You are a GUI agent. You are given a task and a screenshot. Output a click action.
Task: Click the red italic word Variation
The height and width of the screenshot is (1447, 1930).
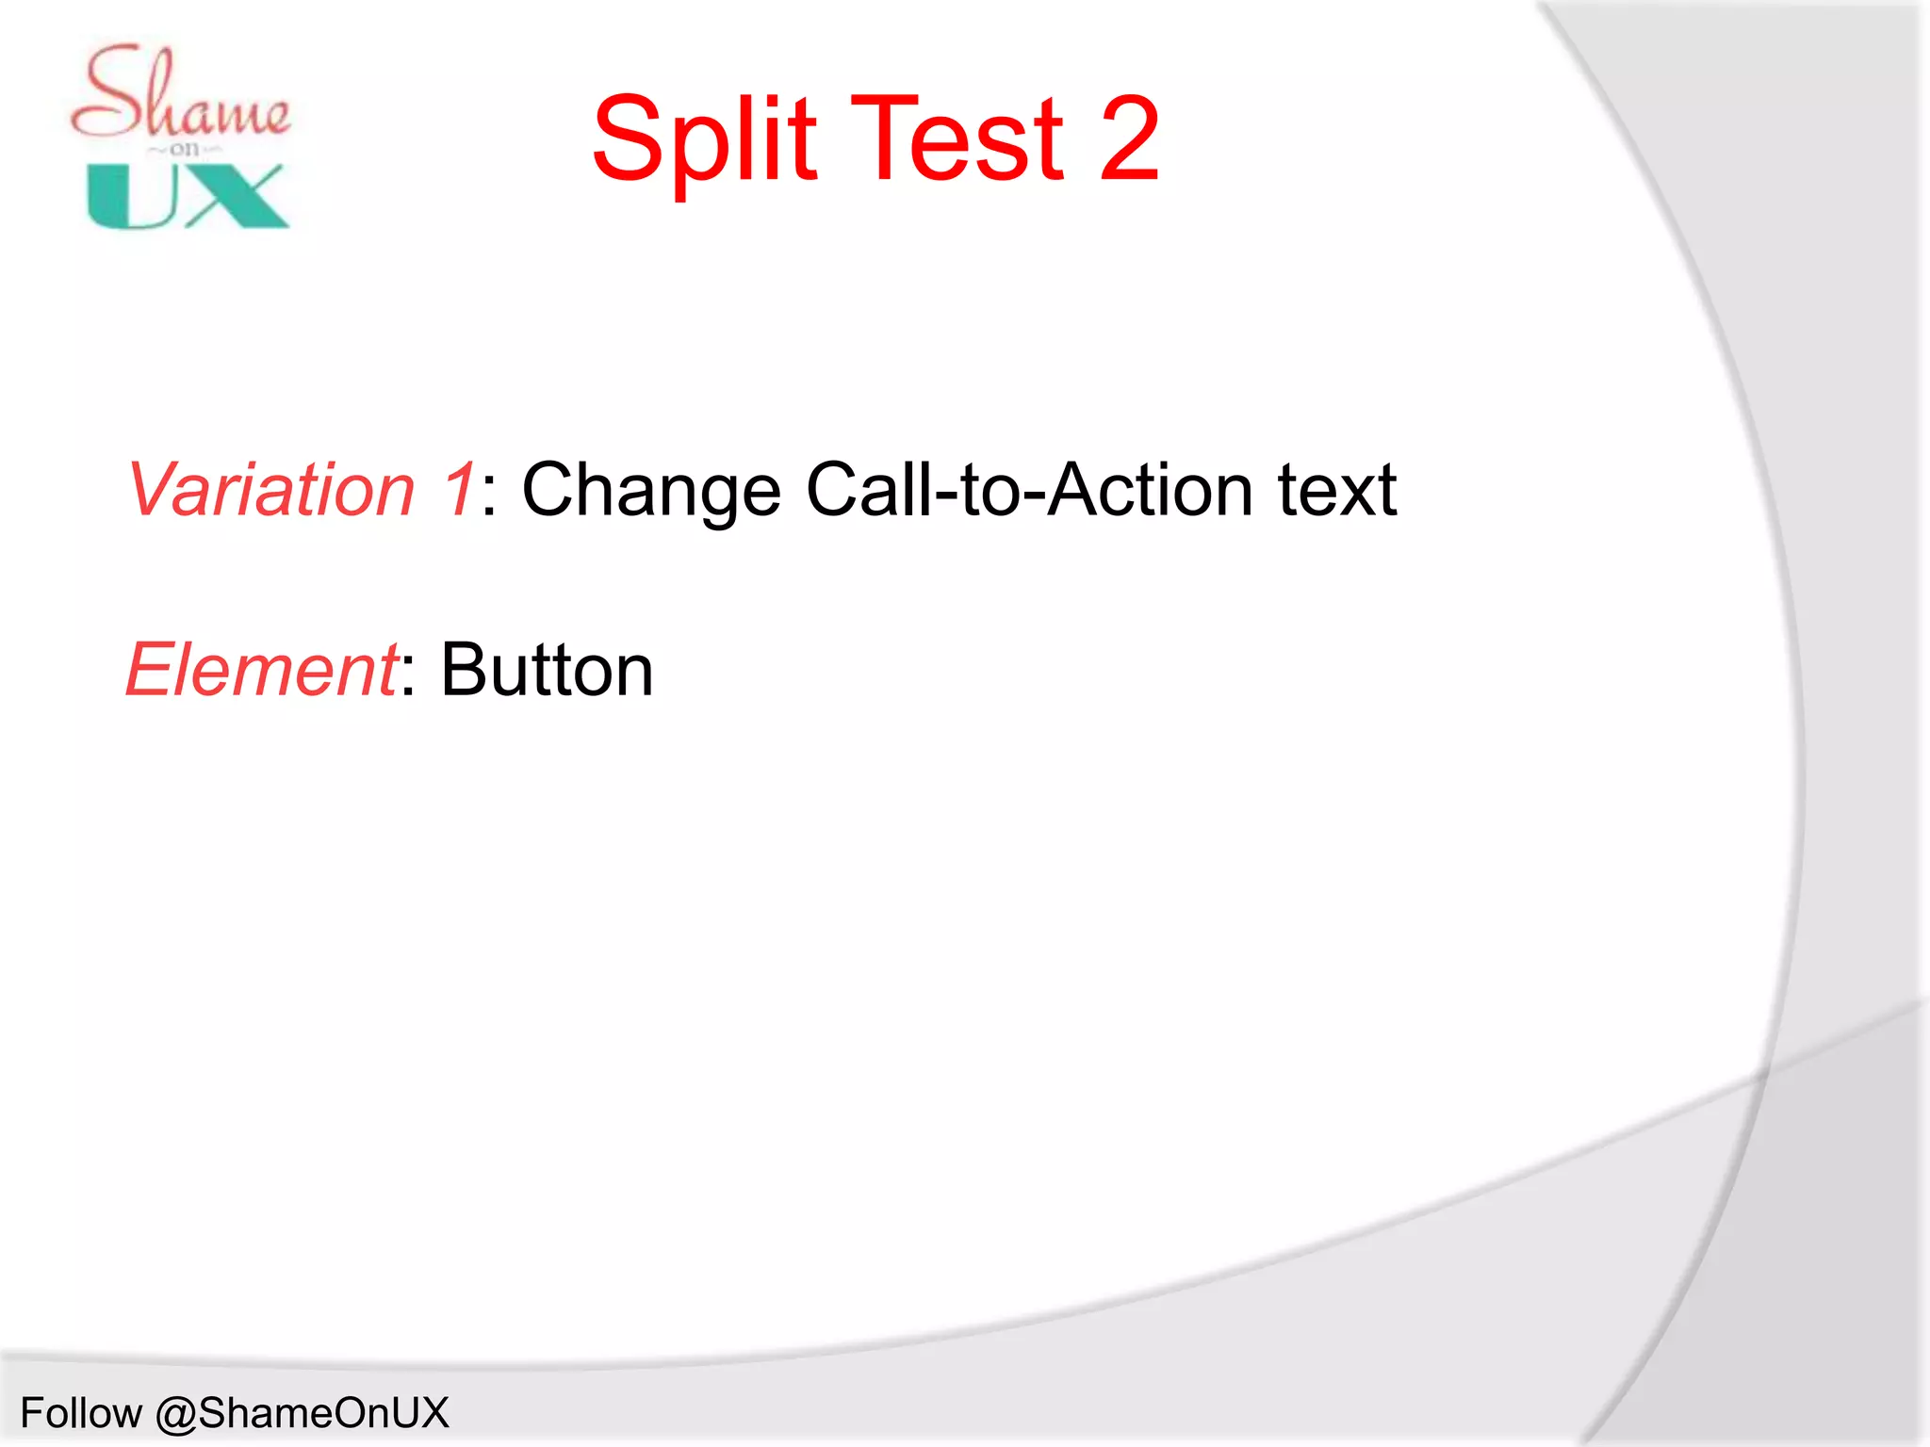[271, 490]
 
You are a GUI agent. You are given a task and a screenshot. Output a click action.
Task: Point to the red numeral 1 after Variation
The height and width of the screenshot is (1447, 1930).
[459, 490]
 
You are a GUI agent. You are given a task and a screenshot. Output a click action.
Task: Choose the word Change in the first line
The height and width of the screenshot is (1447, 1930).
[651, 490]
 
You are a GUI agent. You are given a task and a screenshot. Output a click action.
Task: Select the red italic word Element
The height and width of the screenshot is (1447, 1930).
[262, 670]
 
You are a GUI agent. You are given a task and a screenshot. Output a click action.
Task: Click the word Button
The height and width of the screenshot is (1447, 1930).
[547, 670]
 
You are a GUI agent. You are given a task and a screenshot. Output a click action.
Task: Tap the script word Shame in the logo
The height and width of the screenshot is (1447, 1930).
[181, 94]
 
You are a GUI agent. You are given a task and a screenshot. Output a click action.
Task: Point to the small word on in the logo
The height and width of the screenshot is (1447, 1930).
[185, 149]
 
